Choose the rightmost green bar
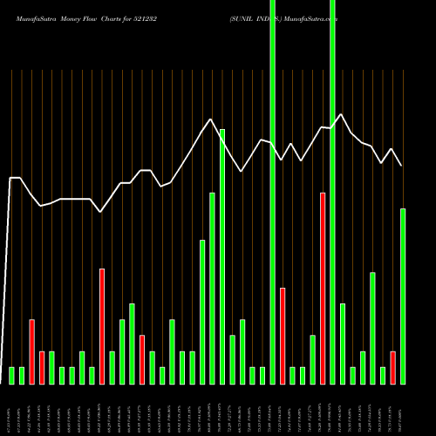click(x=403, y=296)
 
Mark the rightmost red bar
click(x=392, y=367)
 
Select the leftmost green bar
click(x=12, y=375)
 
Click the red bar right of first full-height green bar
click(x=283, y=336)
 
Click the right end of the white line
click(x=402, y=166)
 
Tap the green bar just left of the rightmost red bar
click(x=383, y=375)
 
